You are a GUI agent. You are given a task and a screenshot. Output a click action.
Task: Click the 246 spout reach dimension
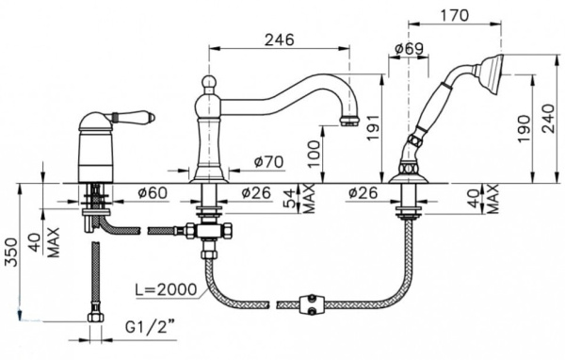(x=280, y=40)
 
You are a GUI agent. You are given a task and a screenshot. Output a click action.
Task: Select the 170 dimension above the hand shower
(x=454, y=15)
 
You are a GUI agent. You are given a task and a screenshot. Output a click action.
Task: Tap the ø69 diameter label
(x=409, y=49)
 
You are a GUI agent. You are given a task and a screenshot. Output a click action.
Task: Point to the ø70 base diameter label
(x=268, y=162)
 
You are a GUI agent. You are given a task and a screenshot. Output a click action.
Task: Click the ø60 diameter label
(x=153, y=193)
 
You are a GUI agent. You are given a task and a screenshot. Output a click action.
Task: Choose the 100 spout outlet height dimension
(x=314, y=154)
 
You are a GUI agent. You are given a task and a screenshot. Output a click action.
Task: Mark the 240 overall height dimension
(x=548, y=119)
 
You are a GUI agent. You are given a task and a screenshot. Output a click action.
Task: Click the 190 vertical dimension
(x=524, y=128)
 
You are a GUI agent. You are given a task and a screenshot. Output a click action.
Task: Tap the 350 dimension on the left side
(x=11, y=252)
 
